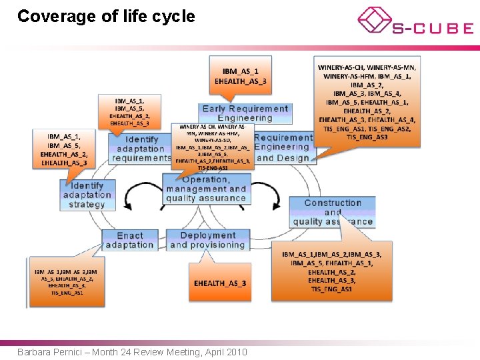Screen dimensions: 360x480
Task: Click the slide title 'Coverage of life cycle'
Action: point(106,17)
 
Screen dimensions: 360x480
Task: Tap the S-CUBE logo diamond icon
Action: point(375,19)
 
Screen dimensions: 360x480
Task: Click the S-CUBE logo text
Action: point(433,29)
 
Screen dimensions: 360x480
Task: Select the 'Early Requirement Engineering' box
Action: point(245,113)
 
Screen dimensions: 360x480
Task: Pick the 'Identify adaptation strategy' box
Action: point(87,195)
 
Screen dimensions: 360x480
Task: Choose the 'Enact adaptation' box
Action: point(129,240)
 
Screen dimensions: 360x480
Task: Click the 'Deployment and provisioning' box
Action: point(207,240)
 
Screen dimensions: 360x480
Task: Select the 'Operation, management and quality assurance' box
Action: point(206,189)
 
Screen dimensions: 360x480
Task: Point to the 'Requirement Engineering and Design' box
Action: point(283,148)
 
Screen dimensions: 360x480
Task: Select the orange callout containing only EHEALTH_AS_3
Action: point(220,283)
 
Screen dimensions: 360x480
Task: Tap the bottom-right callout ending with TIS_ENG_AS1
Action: point(331,271)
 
